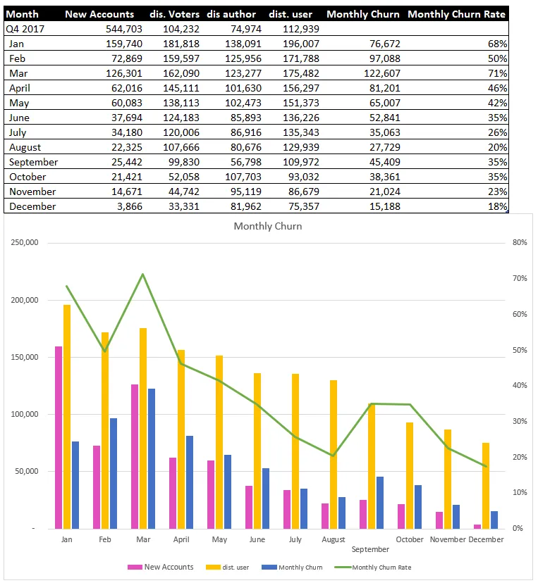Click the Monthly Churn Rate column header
point(456,14)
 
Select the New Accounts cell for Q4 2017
point(123,29)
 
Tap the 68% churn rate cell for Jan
point(497,44)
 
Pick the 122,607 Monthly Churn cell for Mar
point(382,73)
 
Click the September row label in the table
point(34,162)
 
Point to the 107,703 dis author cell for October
point(243,177)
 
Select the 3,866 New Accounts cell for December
point(130,206)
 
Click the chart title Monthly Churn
point(268,226)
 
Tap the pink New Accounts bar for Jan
point(59,438)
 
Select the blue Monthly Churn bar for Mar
point(152,459)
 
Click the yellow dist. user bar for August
point(334,454)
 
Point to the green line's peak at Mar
point(142,275)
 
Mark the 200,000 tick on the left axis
point(25,300)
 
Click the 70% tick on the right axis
point(520,278)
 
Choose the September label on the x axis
point(370,549)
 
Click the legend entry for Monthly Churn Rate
point(373,568)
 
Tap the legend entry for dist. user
point(228,568)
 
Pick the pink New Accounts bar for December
point(477,527)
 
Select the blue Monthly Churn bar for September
point(380,503)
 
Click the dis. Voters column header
point(174,14)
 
